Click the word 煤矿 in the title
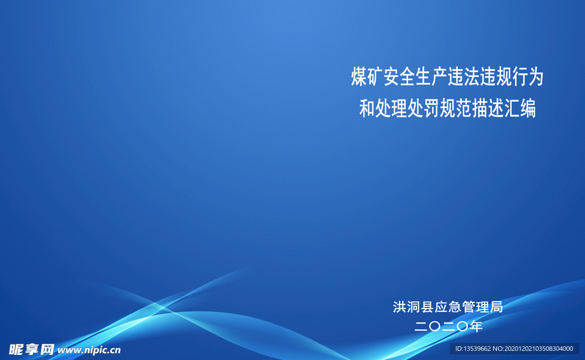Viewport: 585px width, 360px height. pyautogui.click(x=367, y=77)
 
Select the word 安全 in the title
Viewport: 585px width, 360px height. pyautogui.click(x=399, y=77)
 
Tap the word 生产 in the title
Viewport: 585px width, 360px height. pyautogui.click(x=431, y=77)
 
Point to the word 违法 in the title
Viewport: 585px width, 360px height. pyautogui.click(x=463, y=77)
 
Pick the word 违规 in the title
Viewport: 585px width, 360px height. pyautogui.click(x=495, y=77)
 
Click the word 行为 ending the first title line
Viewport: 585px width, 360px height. pyautogui.click(x=527, y=77)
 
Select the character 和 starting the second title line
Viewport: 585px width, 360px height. pyautogui.click(x=367, y=109)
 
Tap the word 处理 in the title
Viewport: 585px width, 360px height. pyautogui.click(x=391, y=109)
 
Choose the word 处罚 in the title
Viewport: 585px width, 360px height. pyautogui.click(x=423, y=109)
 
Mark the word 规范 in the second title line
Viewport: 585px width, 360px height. pyautogui.click(x=455, y=109)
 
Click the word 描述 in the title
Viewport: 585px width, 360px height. pyautogui.click(x=488, y=109)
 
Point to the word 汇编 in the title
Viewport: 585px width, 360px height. pyautogui.click(x=520, y=109)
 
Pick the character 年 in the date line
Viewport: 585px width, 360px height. pyautogui.click(x=476, y=326)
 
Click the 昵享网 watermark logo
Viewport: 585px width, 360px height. pyautogui.click(x=32, y=350)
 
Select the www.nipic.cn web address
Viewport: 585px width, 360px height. pyautogui.click(x=89, y=350)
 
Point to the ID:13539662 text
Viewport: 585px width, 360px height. pyautogui.click(x=472, y=349)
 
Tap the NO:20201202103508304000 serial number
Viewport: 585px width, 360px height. pyautogui.click(x=533, y=349)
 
